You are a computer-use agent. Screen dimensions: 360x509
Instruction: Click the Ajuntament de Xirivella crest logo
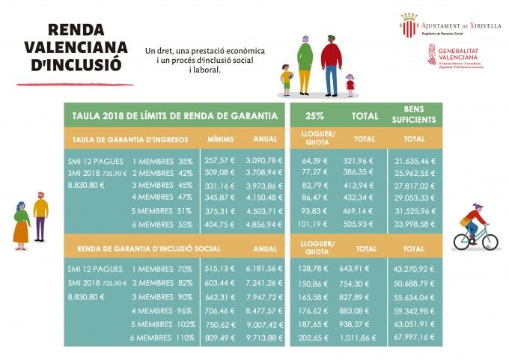click(x=408, y=25)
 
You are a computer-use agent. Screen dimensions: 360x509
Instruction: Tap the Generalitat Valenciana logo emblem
click(x=432, y=55)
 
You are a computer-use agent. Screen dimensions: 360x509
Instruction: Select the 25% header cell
click(x=314, y=116)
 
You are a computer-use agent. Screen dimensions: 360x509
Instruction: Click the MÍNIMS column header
click(x=221, y=139)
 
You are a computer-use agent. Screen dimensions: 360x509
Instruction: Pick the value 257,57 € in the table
click(x=220, y=161)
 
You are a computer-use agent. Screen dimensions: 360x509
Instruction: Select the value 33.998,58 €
click(x=414, y=224)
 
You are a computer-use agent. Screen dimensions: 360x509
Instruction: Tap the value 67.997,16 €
click(x=414, y=338)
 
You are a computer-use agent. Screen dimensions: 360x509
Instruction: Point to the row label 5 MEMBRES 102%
click(x=163, y=324)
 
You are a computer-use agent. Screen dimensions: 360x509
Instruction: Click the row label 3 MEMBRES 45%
click(x=162, y=186)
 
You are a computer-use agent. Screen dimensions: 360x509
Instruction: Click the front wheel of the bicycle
click(x=487, y=240)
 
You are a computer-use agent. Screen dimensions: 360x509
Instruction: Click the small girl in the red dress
click(x=350, y=85)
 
